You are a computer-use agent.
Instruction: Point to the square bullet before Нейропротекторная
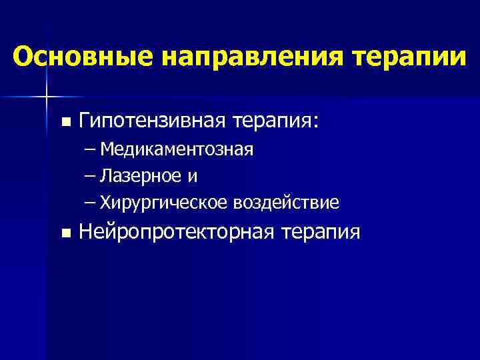65,233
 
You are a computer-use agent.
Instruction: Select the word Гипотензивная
151,121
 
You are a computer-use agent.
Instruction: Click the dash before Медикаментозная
90,149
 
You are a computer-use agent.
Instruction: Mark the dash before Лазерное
90,175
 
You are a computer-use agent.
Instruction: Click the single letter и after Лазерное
193,177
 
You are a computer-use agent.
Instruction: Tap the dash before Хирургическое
90,202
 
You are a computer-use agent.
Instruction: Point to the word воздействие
286,202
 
